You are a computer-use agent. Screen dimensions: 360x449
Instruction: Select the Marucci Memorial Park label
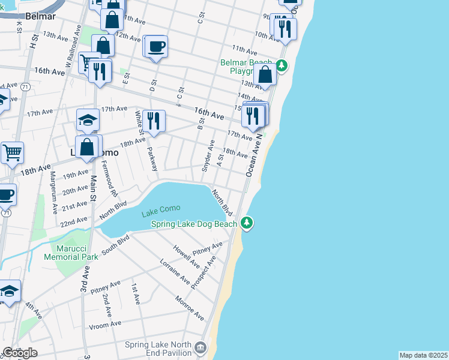coord(71,253)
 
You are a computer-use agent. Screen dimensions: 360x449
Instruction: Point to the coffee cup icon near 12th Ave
coord(156,46)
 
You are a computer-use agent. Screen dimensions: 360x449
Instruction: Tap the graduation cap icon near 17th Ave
coord(88,120)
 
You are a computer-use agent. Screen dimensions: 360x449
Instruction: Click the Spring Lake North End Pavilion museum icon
coord(200,347)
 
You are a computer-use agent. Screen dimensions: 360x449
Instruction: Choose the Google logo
coord(20,353)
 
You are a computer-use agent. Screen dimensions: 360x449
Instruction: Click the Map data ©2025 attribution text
coord(423,355)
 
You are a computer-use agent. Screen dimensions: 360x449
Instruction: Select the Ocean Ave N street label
coord(254,155)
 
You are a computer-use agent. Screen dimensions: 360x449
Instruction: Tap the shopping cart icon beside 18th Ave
coord(11,152)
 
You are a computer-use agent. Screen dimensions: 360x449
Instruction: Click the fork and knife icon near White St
coord(155,121)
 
